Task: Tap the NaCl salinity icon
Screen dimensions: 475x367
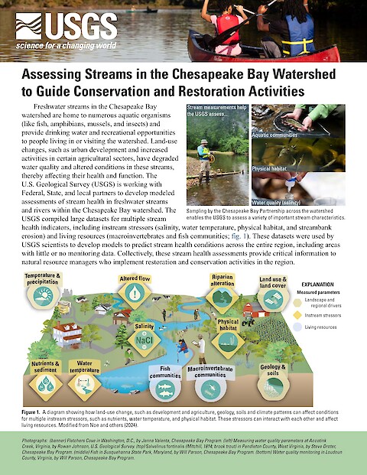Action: [143, 337]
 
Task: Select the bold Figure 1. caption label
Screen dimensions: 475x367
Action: [36, 412]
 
